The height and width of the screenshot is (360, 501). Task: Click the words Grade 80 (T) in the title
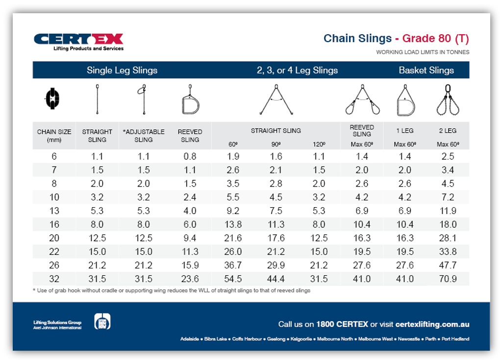435,38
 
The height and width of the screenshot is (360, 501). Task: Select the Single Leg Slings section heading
122,70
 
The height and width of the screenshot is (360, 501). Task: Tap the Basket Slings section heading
426,70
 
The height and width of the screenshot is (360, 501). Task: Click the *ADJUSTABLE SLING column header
144,136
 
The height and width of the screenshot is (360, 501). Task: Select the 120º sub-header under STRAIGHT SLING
319,144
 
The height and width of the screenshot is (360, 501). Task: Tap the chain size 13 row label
54,211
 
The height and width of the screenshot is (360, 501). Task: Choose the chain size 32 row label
54,279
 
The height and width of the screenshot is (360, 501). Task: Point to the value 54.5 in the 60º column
233,279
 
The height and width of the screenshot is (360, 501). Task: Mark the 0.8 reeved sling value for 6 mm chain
190,157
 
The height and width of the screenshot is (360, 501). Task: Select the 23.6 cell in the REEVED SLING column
190,279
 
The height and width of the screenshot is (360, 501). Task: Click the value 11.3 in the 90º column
276,225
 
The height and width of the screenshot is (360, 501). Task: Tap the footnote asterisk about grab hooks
34,290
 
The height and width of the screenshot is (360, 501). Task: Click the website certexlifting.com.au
432,324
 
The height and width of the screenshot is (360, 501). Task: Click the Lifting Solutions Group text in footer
57,322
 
